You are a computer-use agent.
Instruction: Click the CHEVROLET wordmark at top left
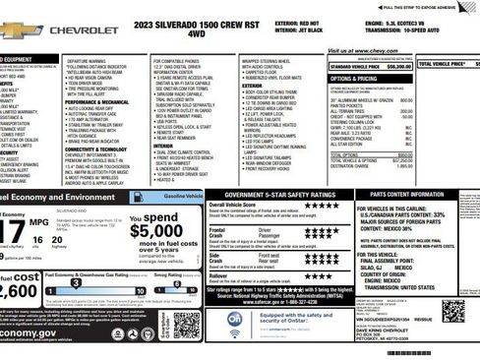point(83,30)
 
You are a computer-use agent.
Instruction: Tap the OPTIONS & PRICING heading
point(353,78)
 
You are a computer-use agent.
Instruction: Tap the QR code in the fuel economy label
point(186,323)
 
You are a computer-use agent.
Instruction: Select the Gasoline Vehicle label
point(172,197)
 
